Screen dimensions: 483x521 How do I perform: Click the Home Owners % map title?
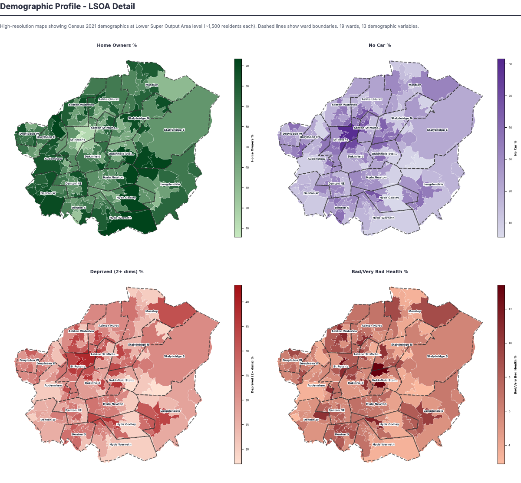[117, 45]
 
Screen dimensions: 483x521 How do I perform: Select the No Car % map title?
[379, 45]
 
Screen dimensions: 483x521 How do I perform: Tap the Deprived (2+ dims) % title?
[117, 271]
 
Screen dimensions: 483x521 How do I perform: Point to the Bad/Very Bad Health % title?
[379, 271]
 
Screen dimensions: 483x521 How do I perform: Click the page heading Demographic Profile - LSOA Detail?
[67, 7]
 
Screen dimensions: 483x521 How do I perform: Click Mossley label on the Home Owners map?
[152, 85]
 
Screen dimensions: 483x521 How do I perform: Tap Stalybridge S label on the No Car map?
[437, 130]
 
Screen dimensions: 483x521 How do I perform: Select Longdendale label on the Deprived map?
[170, 411]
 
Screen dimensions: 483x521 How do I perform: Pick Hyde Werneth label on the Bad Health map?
[383, 444]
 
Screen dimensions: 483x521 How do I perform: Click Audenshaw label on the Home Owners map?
[53, 159]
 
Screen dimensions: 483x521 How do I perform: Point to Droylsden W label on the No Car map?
[292, 134]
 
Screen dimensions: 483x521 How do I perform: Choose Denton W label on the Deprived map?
[48, 420]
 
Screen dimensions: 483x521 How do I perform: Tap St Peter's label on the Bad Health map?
[341, 367]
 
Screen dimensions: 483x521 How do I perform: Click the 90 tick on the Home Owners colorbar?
[247, 66]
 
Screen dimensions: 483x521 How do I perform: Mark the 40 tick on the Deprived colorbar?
[247, 302]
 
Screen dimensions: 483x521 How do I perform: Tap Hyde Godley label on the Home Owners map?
[126, 198]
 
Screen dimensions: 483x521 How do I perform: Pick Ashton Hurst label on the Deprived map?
[109, 326]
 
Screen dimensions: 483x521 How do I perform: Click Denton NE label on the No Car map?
[336, 184]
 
